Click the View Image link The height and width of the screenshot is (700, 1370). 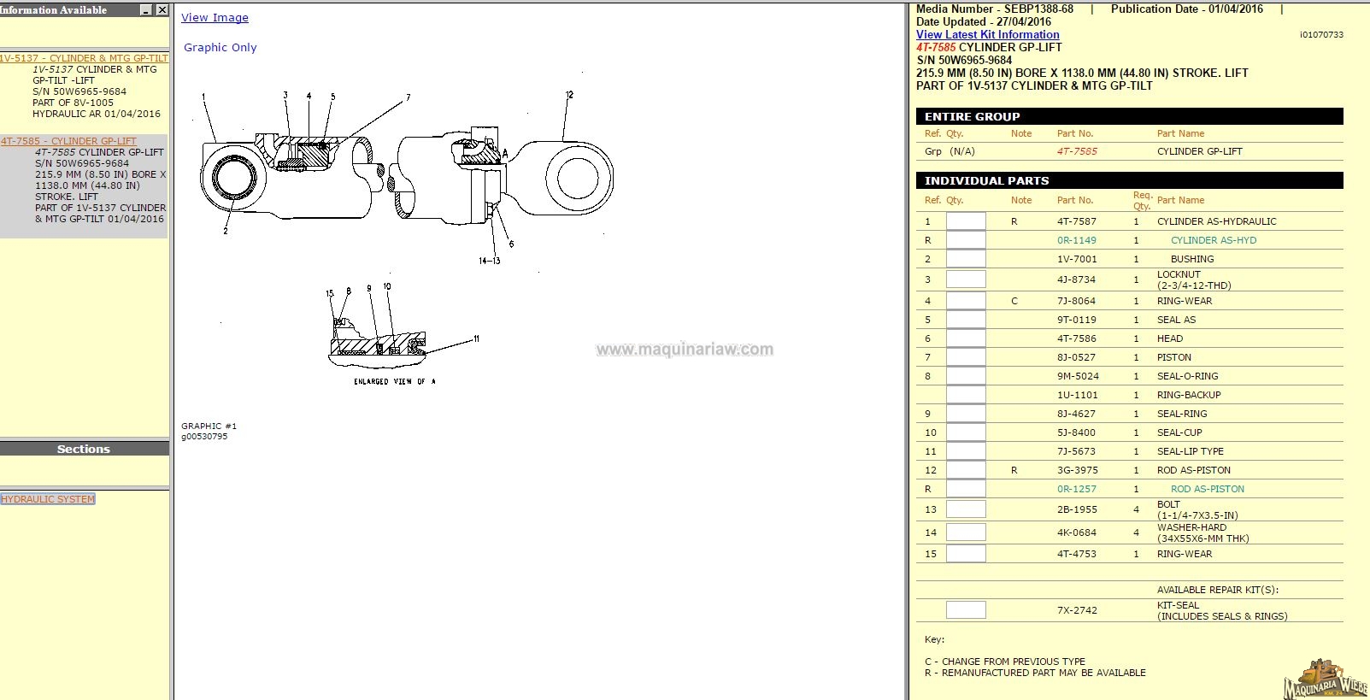[x=215, y=18]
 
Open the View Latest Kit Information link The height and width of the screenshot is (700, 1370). [x=987, y=35]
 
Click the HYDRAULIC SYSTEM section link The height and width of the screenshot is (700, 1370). [x=48, y=498]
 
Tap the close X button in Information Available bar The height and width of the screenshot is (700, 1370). [x=162, y=9]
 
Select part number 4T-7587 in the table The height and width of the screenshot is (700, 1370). [x=1077, y=221]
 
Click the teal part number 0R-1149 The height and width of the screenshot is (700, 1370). [x=1077, y=240]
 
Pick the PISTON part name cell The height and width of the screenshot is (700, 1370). [x=1173, y=357]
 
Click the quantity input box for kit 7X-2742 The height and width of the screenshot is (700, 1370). [x=966, y=610]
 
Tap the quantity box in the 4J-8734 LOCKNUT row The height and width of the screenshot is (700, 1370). [x=966, y=279]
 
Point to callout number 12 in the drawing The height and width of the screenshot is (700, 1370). [x=569, y=95]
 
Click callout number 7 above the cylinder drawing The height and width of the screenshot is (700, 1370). [x=408, y=97]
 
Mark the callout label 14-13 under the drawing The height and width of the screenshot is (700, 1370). [x=489, y=261]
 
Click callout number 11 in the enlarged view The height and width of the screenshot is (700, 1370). [x=476, y=338]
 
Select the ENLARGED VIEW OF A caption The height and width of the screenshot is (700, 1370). [x=395, y=381]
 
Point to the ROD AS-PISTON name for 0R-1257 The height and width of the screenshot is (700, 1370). [x=1208, y=489]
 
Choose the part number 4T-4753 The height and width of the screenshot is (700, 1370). [x=1077, y=554]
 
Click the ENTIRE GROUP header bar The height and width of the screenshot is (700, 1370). [x=1129, y=116]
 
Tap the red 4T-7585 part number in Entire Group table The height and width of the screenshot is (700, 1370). [x=1077, y=151]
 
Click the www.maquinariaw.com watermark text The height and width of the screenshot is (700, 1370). [x=685, y=350]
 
